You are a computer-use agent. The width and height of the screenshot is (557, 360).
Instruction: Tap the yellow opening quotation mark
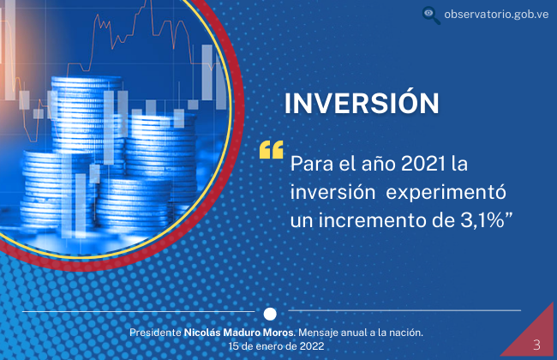click(272, 150)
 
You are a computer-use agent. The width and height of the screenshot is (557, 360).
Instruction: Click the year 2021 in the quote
click(422, 164)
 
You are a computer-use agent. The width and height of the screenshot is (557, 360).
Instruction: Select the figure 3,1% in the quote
click(482, 220)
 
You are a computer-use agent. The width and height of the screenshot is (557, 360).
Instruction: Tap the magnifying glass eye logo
click(431, 15)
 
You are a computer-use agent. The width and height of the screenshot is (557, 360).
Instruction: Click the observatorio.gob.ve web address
click(496, 15)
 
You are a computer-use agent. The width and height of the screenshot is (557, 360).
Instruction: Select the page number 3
click(536, 345)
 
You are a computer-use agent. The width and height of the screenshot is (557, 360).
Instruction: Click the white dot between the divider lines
click(270, 314)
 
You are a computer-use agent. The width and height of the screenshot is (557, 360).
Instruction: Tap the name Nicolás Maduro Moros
click(239, 333)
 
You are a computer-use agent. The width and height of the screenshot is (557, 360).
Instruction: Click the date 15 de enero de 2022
click(276, 346)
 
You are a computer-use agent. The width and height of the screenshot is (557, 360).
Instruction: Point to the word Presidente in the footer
click(155, 333)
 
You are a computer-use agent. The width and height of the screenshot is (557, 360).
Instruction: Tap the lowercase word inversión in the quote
click(332, 193)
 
